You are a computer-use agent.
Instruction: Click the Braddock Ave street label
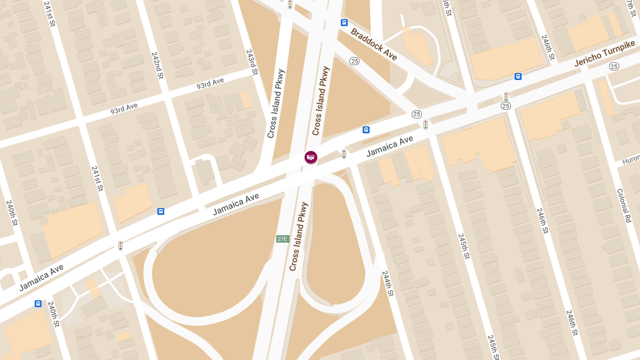[x=374, y=44]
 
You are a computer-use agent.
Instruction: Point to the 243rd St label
[x=252, y=62]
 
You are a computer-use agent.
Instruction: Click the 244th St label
[x=388, y=283]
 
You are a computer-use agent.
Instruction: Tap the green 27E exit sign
[x=283, y=239]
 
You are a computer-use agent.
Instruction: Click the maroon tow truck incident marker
[x=311, y=157]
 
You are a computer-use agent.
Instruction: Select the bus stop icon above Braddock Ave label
[x=345, y=22]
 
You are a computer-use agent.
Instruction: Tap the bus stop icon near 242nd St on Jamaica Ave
[x=161, y=211]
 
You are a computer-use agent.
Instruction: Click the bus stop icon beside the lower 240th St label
[x=38, y=303]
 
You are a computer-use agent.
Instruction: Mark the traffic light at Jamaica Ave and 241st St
[x=121, y=246]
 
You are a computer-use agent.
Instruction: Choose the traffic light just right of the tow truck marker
[x=344, y=154]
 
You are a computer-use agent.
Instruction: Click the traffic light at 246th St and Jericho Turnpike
[x=506, y=97]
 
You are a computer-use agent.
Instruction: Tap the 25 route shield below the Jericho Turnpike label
[x=614, y=67]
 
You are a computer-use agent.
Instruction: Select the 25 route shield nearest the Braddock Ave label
[x=355, y=61]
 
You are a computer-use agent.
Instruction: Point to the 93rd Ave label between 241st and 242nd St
[x=124, y=108]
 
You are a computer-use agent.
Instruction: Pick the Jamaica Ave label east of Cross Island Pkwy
[x=390, y=147]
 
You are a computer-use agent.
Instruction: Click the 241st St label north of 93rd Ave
[x=50, y=16]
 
